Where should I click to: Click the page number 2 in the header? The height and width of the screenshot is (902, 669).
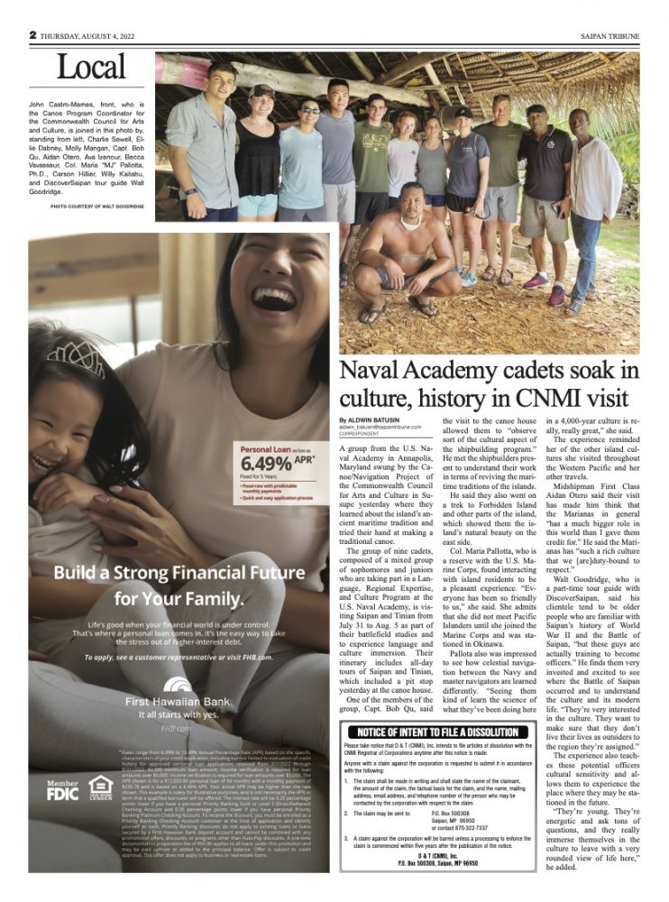coord(32,35)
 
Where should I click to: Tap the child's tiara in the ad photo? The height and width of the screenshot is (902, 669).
coord(73,358)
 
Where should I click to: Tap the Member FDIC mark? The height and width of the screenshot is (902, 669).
coord(62,790)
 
